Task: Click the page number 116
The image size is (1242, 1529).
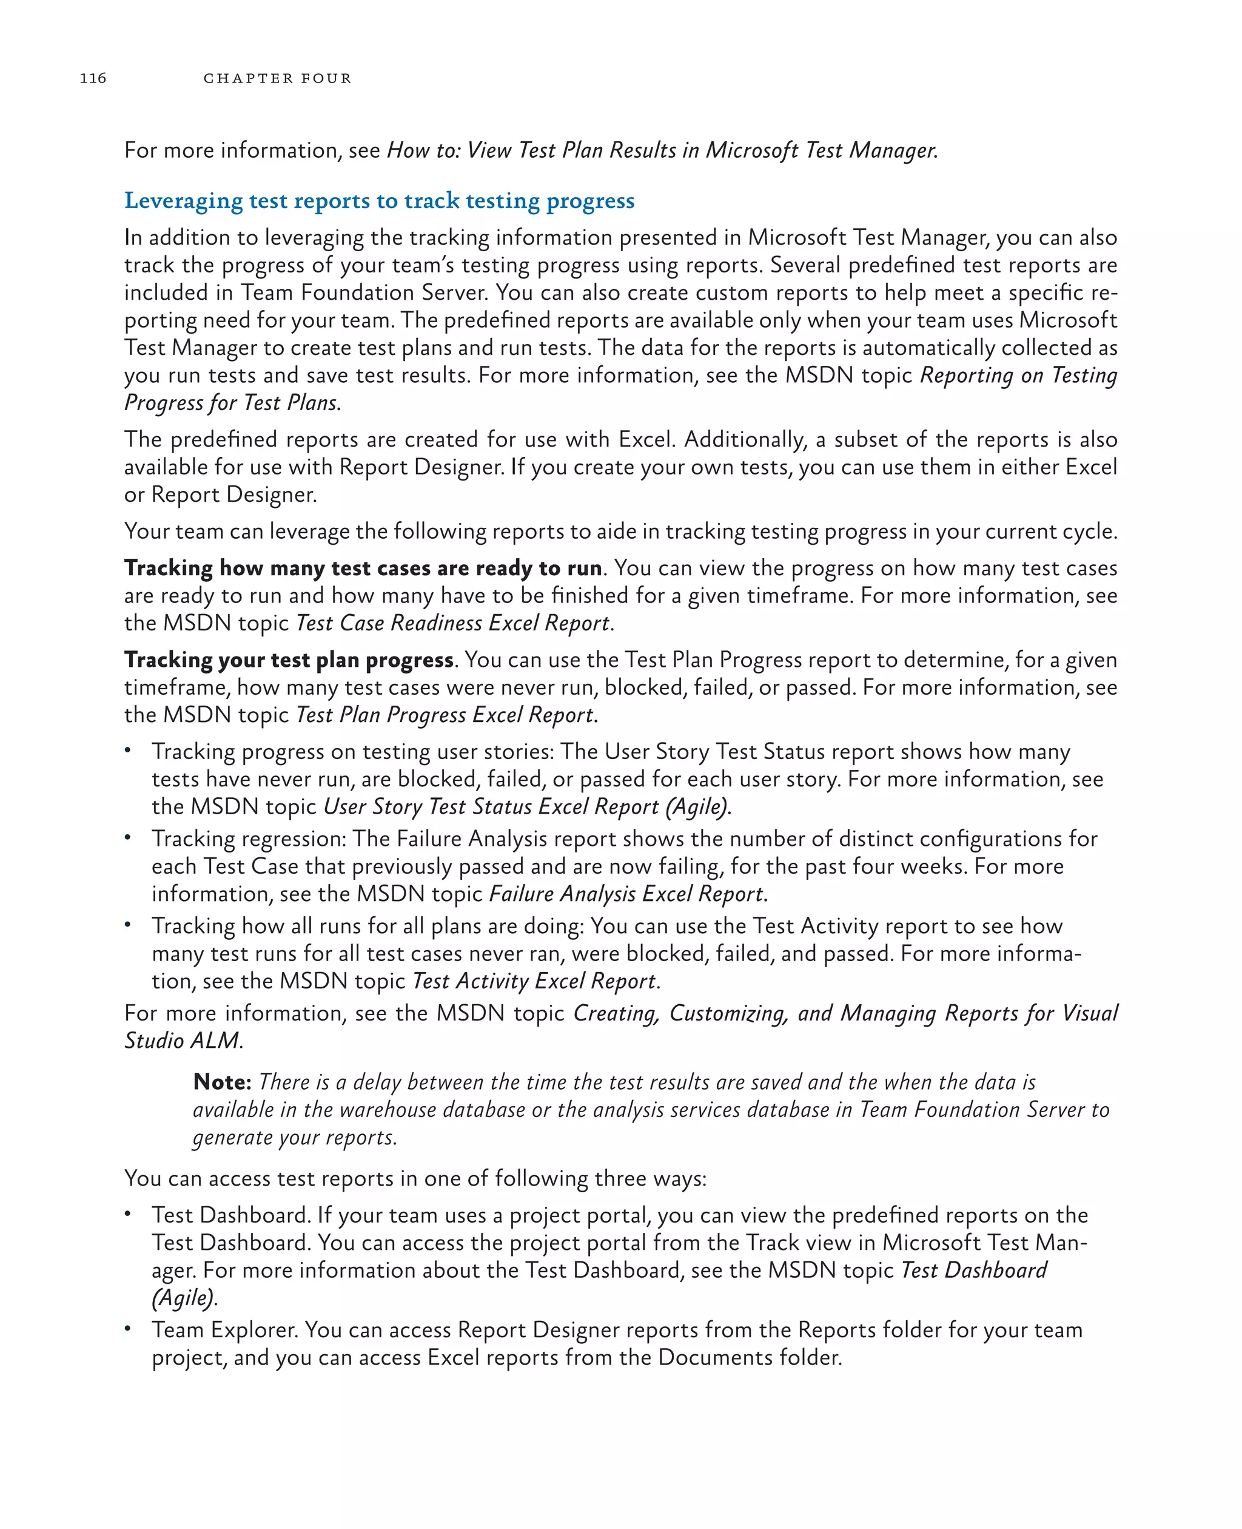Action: point(93,78)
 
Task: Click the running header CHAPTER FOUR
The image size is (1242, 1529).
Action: point(277,78)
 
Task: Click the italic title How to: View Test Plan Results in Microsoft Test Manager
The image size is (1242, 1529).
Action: point(661,150)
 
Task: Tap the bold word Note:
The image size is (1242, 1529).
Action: point(222,1082)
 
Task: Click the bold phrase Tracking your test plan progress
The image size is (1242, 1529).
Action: point(288,660)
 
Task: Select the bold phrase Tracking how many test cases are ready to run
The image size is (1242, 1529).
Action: point(363,568)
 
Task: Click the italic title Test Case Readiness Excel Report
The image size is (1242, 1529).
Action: point(454,623)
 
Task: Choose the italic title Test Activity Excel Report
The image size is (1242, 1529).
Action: point(534,981)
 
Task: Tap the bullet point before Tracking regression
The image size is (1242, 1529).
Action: point(127,837)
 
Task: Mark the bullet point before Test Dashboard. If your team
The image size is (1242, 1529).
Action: point(127,1213)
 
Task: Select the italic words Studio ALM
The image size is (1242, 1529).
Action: point(183,1040)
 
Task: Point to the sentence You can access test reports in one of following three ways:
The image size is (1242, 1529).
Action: point(415,1178)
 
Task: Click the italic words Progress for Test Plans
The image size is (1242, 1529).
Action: point(231,402)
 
